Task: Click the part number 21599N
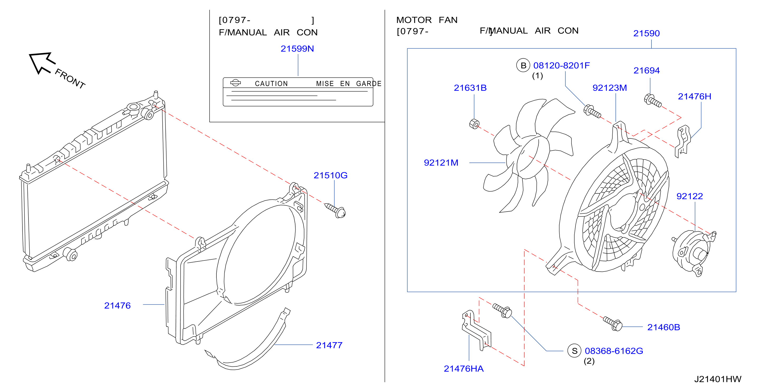297,49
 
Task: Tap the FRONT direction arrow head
40,62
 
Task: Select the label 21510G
330,175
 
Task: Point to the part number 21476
117,305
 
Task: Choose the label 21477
329,345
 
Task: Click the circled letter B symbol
523,66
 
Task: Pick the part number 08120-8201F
561,65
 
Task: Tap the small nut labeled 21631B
474,124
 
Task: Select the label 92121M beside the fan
441,163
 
